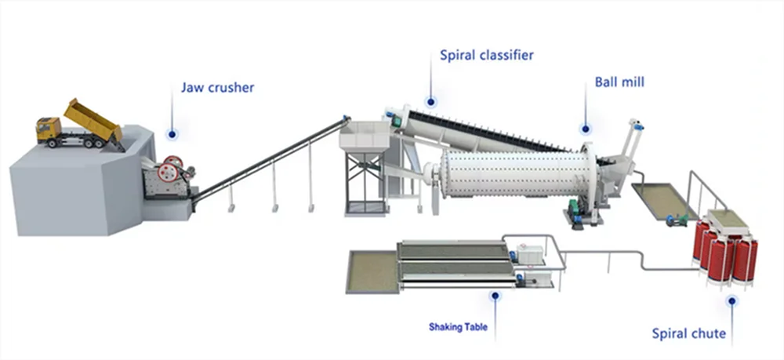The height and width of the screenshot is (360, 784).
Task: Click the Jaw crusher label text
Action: coord(217,87)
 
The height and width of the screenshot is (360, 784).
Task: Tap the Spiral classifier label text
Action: coord(486,55)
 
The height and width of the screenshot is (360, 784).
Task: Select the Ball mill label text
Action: coord(619,82)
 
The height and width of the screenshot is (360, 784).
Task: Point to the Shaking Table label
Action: coord(457,326)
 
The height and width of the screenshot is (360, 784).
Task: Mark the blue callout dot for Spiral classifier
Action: coord(430,101)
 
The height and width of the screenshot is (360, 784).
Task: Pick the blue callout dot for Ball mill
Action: coord(585,129)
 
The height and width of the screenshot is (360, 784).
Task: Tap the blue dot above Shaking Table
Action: coord(494,296)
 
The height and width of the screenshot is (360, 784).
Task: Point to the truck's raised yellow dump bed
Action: coord(92,118)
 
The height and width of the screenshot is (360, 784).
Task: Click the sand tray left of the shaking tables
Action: coord(372,271)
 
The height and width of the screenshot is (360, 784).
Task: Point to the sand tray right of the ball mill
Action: coord(663,199)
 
